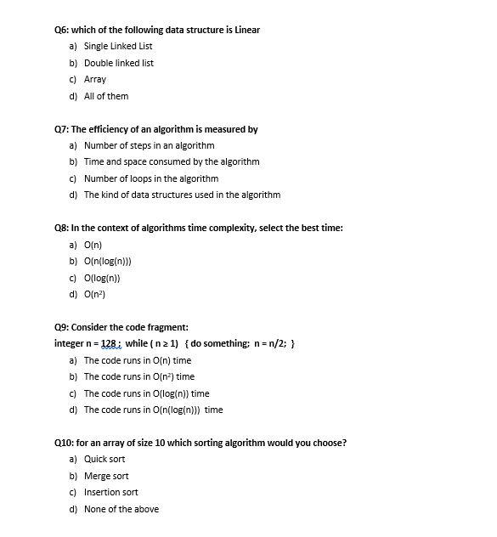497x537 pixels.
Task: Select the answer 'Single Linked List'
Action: click(x=117, y=47)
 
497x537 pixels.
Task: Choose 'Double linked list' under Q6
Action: click(x=118, y=63)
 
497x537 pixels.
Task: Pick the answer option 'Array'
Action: click(x=95, y=79)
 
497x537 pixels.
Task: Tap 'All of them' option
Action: click(x=106, y=96)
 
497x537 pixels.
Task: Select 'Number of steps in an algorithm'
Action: click(x=149, y=145)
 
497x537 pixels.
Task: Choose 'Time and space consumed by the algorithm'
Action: click(x=171, y=161)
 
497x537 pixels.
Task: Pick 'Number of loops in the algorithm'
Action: click(x=150, y=178)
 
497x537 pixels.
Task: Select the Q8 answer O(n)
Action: click(x=93, y=245)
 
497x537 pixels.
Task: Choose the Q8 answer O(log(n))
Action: click(x=102, y=278)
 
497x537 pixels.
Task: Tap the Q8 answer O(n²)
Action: click(x=94, y=294)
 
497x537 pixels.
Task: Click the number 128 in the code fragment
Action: click(x=110, y=343)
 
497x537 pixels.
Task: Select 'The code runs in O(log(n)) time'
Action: click(x=146, y=393)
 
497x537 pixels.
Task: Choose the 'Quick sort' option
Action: click(x=104, y=460)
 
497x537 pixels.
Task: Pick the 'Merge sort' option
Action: click(x=106, y=476)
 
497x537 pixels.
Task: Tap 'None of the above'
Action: click(x=121, y=509)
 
